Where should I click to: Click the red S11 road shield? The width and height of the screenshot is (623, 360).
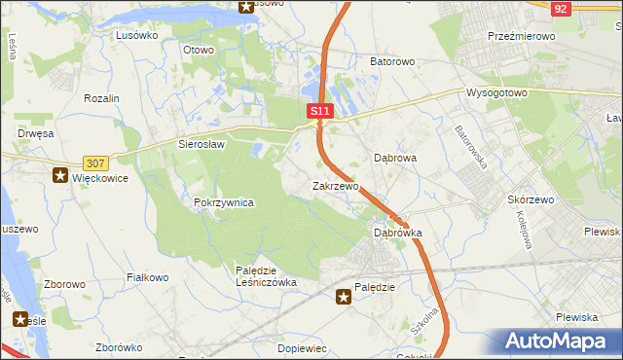321,112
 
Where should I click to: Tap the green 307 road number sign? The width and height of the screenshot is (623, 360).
95,163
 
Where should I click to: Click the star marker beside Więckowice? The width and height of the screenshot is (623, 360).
61,176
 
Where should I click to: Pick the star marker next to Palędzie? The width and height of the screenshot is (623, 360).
343,298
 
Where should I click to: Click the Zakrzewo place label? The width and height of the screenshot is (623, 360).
335,185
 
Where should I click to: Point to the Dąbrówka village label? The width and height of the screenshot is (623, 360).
397,234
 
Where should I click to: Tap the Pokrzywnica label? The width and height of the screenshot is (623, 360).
224,202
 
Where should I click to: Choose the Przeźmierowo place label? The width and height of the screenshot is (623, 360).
521,36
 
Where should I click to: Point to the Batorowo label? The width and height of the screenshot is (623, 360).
392,61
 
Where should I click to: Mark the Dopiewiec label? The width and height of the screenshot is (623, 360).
302,347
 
